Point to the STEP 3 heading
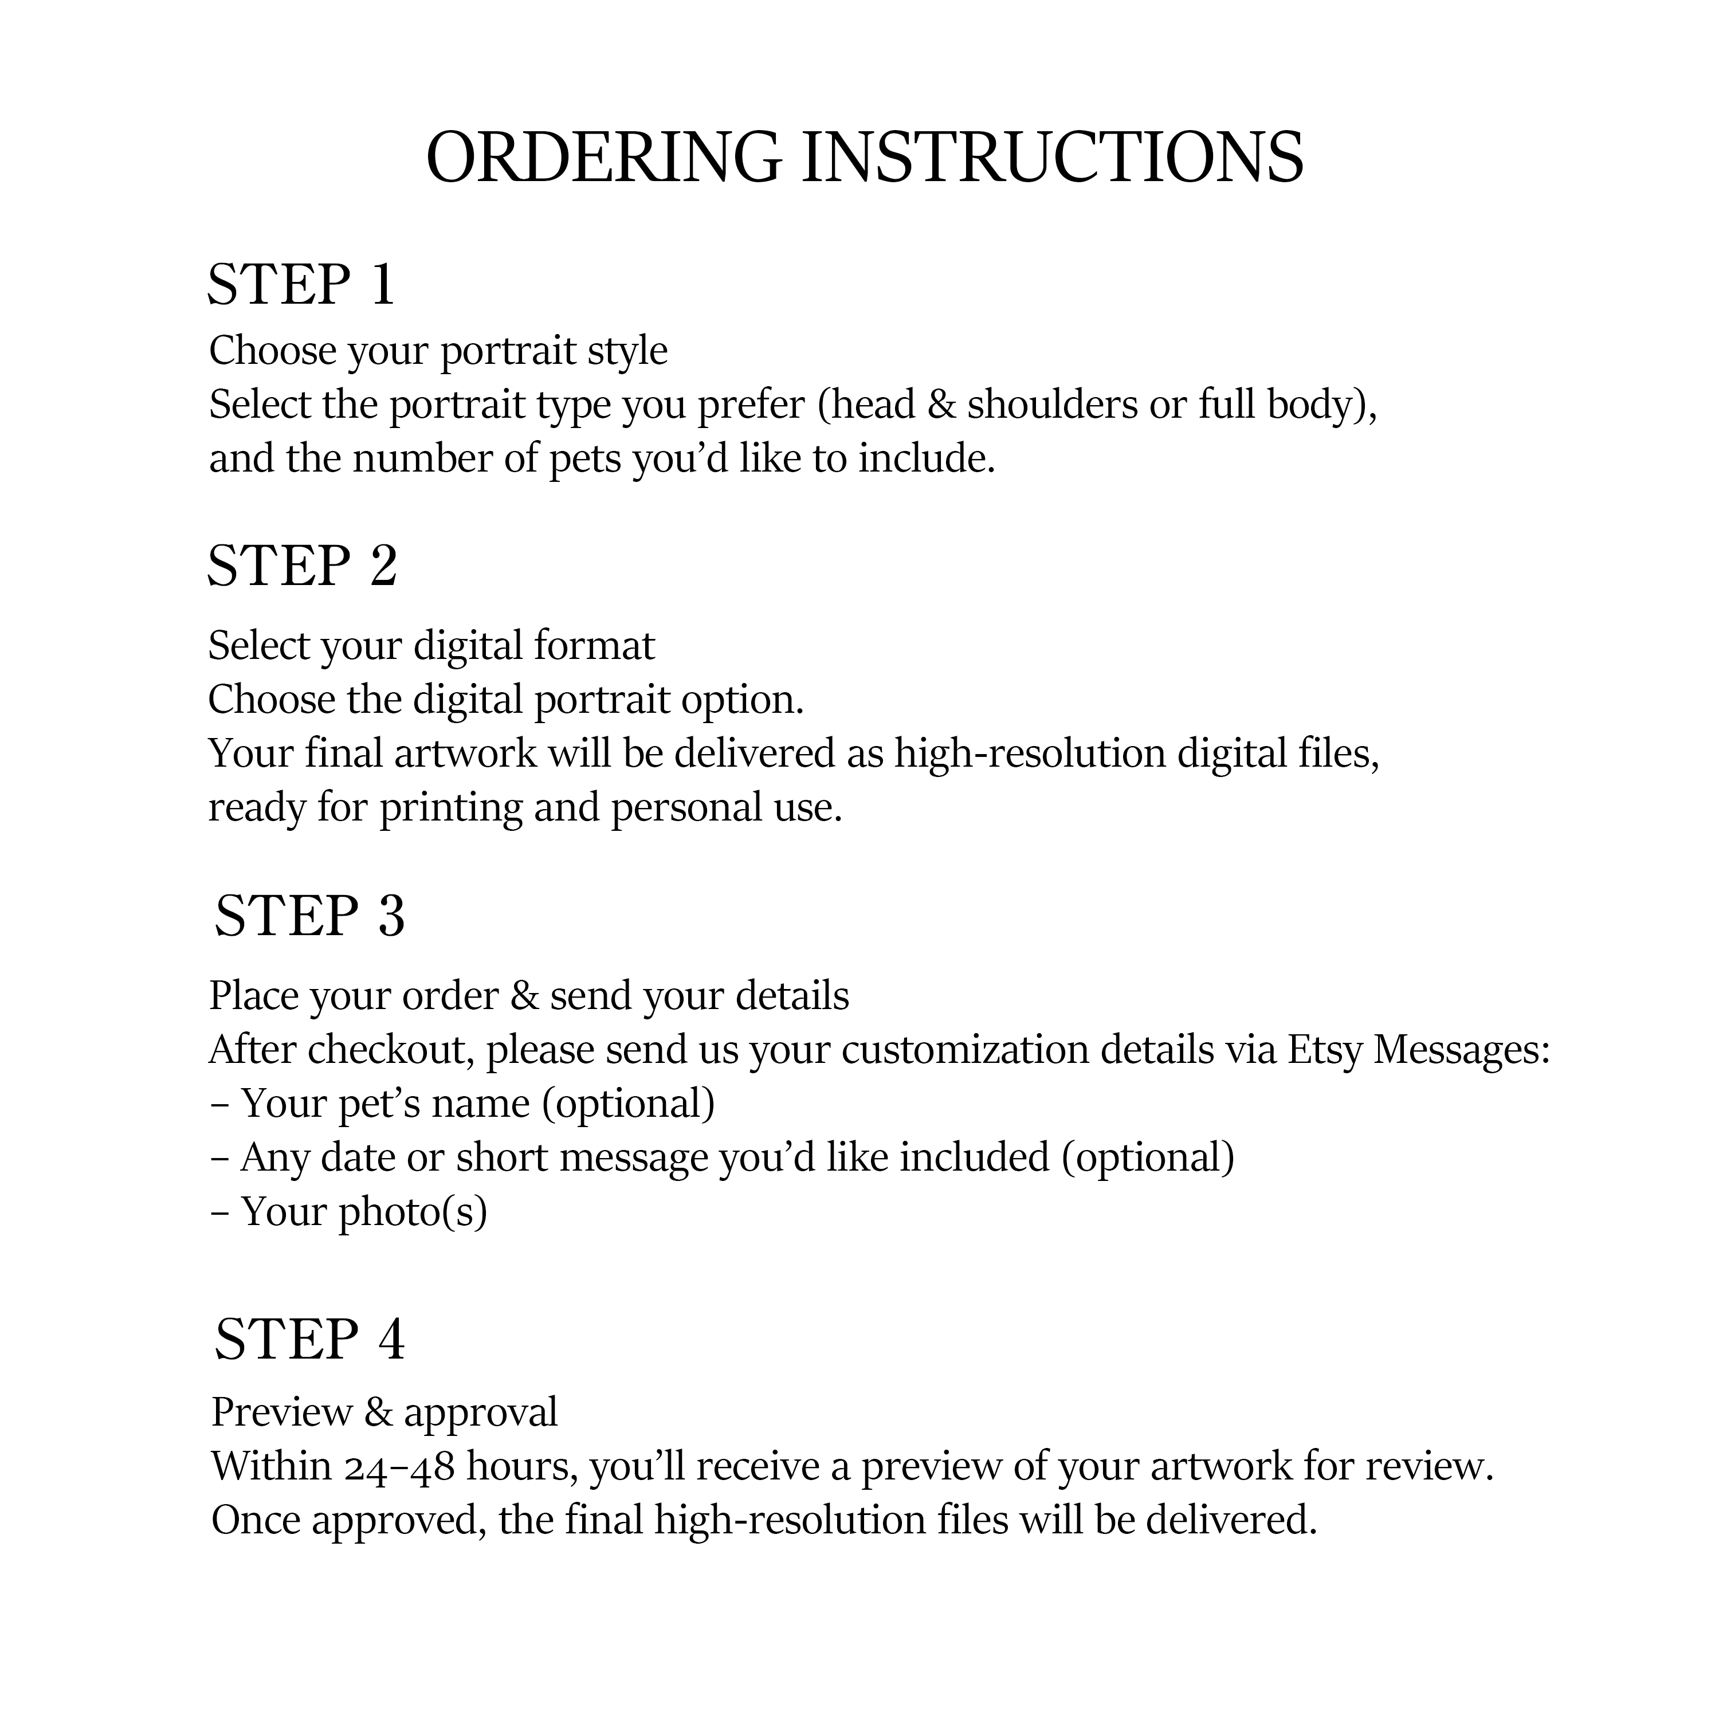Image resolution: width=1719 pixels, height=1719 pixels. tap(309, 916)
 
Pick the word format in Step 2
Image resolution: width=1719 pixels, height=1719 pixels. tap(594, 646)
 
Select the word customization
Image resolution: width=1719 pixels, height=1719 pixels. tap(966, 1051)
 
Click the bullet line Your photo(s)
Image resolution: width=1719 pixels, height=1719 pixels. tap(363, 1212)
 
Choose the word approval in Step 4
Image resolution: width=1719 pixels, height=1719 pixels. tap(481, 1413)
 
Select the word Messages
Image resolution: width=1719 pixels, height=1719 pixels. tap(1462, 1051)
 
